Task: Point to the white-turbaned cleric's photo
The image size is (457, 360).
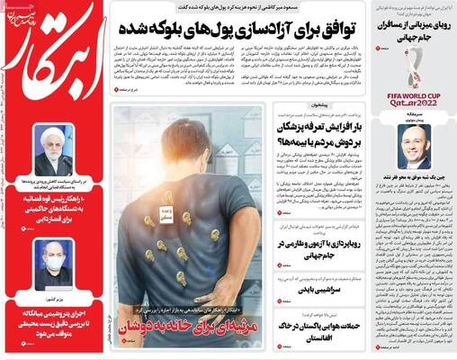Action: [x=53, y=149]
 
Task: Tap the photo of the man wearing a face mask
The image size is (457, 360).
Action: [x=54, y=262]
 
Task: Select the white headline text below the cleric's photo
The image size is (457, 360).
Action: [x=54, y=209]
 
